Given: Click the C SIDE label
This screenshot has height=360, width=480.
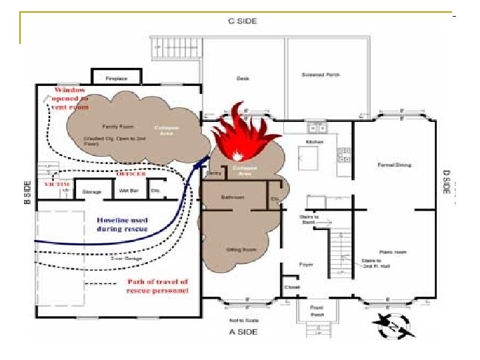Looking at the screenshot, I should click(242, 21).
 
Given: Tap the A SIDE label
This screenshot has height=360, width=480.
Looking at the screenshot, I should click(242, 331).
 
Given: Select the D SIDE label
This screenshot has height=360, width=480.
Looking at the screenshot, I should click(447, 182).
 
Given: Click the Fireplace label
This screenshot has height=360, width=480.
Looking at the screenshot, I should click(116, 79).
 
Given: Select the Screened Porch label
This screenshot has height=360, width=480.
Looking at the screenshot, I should click(321, 75).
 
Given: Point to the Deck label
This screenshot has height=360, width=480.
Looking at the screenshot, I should click(243, 79).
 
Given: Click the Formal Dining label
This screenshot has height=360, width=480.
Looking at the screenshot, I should click(395, 165).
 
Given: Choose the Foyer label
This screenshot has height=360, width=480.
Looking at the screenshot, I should click(306, 265).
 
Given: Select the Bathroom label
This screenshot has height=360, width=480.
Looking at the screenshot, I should click(233, 197).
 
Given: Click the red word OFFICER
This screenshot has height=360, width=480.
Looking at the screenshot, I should click(131, 174).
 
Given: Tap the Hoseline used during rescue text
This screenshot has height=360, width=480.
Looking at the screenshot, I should click(123, 225).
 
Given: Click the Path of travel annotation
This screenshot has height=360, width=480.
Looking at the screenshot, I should click(158, 286).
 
